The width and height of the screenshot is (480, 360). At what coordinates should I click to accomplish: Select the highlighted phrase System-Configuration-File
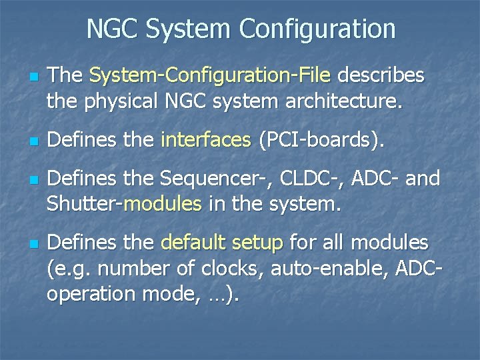[210, 76]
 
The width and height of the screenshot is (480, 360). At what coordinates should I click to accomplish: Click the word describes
[381, 76]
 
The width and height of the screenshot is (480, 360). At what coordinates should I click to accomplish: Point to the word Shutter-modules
[124, 205]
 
